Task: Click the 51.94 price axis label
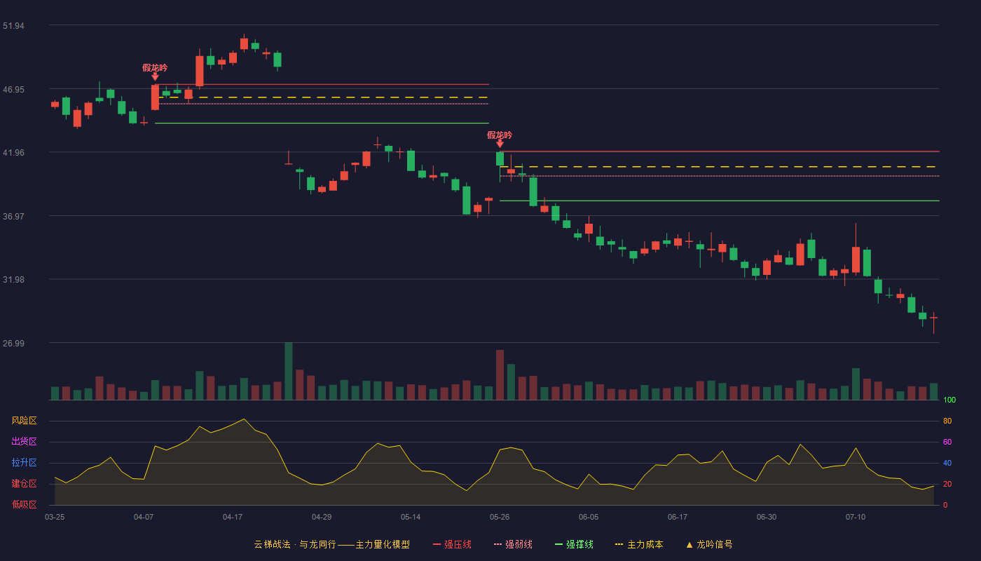[13, 26]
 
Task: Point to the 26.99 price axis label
[13, 343]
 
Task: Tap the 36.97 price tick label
[13, 217]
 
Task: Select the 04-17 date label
[233, 518]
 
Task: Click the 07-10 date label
[856, 518]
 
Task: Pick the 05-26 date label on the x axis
[500, 518]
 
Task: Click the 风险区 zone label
[24, 421]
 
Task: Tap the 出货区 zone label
[24, 441]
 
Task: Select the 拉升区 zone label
[24, 462]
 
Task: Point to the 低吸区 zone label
[24, 504]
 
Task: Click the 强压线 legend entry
[452, 544]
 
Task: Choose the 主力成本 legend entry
[639, 544]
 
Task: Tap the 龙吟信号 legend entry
[709, 544]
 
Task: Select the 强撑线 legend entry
[574, 544]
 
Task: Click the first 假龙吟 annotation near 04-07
[155, 68]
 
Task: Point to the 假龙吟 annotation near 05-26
[499, 135]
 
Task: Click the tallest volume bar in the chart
[288, 371]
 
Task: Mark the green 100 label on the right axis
[949, 400]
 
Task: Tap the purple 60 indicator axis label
[947, 442]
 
